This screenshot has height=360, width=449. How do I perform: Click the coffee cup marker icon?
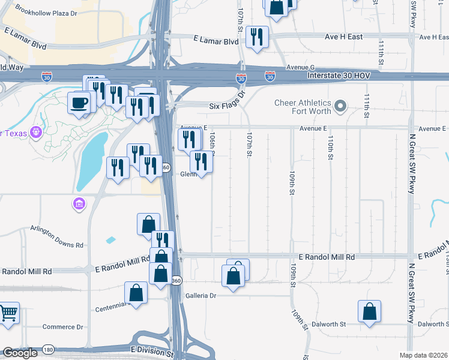pos(79,103)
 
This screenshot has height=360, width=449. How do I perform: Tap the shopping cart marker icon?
pos(8,313)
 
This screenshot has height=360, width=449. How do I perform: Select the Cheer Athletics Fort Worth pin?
pos(341,107)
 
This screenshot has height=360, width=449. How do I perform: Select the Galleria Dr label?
pos(200,296)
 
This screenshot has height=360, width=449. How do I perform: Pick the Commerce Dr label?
pos(62,327)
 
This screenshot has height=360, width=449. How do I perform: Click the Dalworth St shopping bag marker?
pos(369,312)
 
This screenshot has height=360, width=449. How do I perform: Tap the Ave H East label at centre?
pos(343,37)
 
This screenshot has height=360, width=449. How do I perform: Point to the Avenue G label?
pos(301,67)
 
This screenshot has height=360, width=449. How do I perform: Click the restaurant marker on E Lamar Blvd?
pos(258,37)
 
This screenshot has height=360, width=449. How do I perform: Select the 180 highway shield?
pos(47,349)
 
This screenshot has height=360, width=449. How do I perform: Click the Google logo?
pos(20,353)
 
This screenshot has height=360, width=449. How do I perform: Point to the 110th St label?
pos(330,147)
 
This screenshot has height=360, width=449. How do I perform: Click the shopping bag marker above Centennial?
pos(136,293)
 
